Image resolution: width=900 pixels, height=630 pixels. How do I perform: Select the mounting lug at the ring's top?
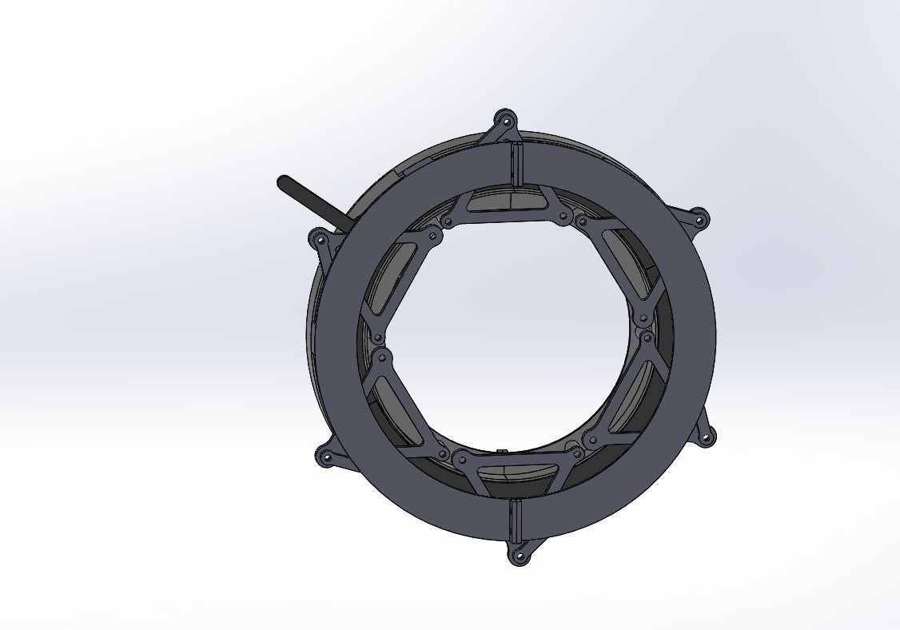(504, 122)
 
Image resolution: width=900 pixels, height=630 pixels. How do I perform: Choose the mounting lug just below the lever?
(321, 241)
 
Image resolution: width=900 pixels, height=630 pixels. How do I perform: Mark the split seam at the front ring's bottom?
(513, 520)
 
